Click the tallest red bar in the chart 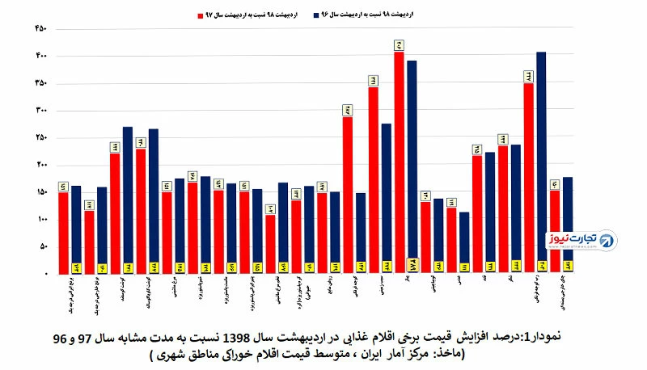point(399,162)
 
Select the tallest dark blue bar point(541,162)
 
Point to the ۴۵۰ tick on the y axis point(41,28)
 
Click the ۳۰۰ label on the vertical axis point(41,111)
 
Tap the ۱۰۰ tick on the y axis point(41,219)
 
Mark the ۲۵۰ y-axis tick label point(41,137)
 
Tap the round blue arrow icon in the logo point(606,239)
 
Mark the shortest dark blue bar point(464,242)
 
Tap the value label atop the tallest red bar point(399,45)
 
